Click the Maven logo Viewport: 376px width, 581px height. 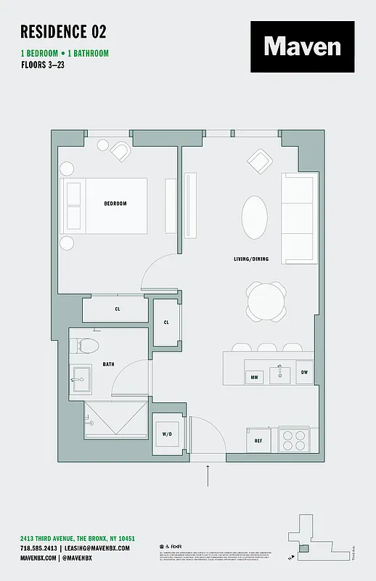tap(302, 46)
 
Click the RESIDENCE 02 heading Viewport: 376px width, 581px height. tap(63, 31)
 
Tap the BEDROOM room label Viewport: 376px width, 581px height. tap(115, 203)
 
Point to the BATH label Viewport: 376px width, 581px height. tap(108, 364)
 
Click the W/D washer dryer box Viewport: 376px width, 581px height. tap(167, 434)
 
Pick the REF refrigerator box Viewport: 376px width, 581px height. tap(258, 441)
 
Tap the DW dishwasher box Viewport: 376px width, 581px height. tap(304, 373)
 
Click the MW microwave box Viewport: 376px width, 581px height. tap(255, 377)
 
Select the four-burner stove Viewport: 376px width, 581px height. tap(293, 441)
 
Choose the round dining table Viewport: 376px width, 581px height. tap(265, 301)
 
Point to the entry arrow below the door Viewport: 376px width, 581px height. tap(208, 477)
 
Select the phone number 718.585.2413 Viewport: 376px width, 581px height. tap(38, 548)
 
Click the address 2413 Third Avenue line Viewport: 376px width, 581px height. tap(77, 537)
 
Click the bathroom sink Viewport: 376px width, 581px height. tap(82, 378)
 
